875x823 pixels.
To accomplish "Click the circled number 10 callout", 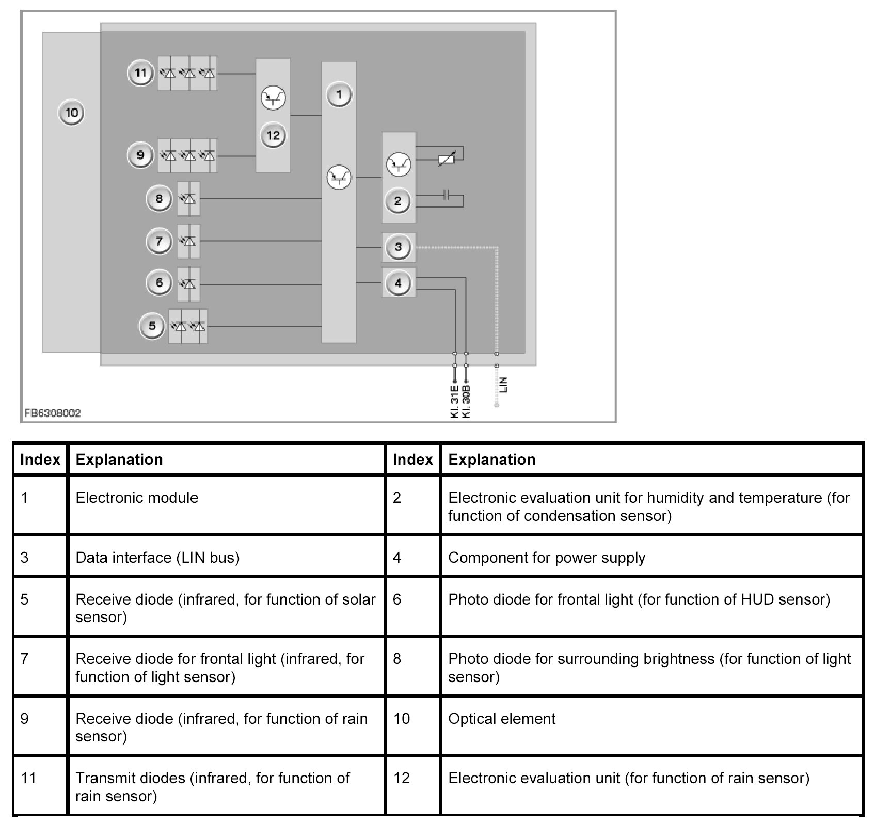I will coord(72,113).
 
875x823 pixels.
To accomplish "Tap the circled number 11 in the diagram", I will coord(140,73).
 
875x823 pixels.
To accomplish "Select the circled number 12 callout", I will coord(273,136).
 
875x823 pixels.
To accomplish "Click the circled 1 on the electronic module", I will coord(339,95).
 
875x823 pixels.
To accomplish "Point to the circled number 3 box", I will coord(398,247).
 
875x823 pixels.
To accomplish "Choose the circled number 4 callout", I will coord(398,283).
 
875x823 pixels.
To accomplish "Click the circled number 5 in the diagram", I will coord(152,326).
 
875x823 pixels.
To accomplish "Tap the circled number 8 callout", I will coord(159,199).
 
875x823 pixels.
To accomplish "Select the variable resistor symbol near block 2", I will coord(446,160).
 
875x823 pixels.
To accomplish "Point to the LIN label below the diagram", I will coord(504,384).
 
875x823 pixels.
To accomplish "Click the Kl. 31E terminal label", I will coord(455,401).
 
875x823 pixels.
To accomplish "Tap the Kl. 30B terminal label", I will coord(467,401).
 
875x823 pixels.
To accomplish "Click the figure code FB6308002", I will coord(53,413).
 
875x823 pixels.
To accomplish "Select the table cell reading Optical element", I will coord(502,719).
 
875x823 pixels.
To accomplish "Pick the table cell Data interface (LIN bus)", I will coord(157,558).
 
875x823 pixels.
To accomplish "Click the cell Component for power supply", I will coord(547,558).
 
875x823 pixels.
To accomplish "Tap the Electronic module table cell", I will coord(137,498).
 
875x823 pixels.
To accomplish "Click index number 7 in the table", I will coord(25,659).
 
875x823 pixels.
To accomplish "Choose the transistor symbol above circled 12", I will coord(273,98).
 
